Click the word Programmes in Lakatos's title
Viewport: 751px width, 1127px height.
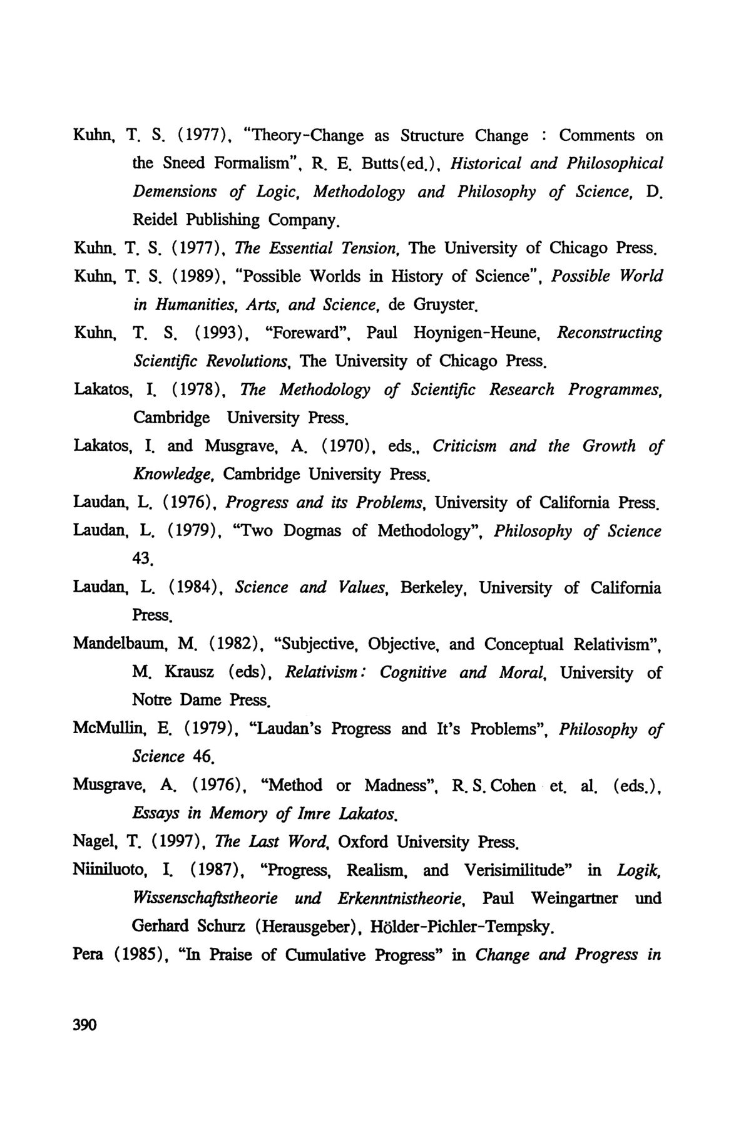coord(614,389)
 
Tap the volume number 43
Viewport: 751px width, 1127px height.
coord(143,559)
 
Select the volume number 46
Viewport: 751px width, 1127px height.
coord(204,757)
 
